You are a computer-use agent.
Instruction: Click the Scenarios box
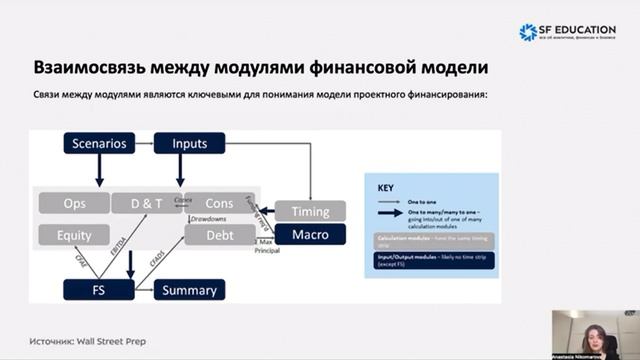coord(100,144)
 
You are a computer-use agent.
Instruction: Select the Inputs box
coord(190,144)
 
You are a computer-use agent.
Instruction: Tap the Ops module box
coord(75,203)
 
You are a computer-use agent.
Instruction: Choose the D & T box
coord(147,203)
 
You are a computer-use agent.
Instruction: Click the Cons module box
coord(220,203)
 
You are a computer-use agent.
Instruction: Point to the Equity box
coord(75,236)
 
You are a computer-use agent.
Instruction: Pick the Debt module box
coord(220,236)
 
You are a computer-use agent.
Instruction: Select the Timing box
coord(310,212)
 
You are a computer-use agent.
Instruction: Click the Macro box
coord(310,234)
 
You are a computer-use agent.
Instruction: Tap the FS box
coord(98,290)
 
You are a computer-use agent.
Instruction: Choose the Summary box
coord(190,290)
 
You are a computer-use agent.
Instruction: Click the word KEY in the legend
coord(385,187)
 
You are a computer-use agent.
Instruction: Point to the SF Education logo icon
coord(528,32)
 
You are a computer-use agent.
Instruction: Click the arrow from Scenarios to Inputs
coord(144,144)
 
